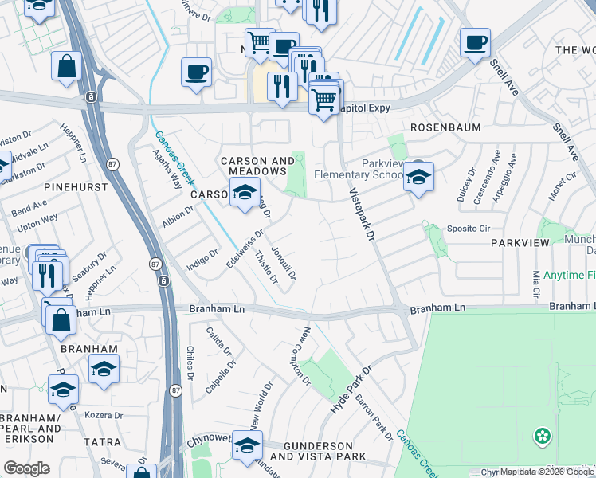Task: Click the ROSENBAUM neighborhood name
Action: [x=442, y=127]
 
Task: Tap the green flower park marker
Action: [x=543, y=436]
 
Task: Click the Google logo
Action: [x=26, y=468]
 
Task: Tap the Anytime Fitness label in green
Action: [x=569, y=276]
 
